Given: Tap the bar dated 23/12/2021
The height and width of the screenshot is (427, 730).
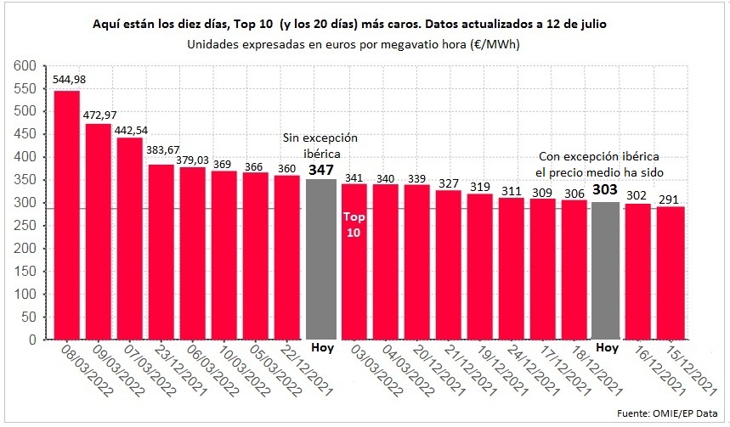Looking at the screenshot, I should pos(161,251).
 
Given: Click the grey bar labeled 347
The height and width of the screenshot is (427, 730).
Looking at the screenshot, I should pos(321,259).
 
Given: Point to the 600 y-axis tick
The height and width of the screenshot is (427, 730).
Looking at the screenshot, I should pos(26,65).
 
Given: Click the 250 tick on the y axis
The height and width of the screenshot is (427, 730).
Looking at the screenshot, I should pos(26,226).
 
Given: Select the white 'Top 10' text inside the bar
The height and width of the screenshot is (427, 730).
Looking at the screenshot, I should pos(353,224).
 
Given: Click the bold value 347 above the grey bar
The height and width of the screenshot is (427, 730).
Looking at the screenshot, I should pos(321,170).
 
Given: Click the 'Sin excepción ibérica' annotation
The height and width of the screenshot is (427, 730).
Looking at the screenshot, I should pos(321,145).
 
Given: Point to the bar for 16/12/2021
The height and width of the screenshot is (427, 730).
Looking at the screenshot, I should pos(637,271).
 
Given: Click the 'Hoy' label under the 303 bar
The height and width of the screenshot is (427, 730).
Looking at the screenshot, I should pos(606,347).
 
